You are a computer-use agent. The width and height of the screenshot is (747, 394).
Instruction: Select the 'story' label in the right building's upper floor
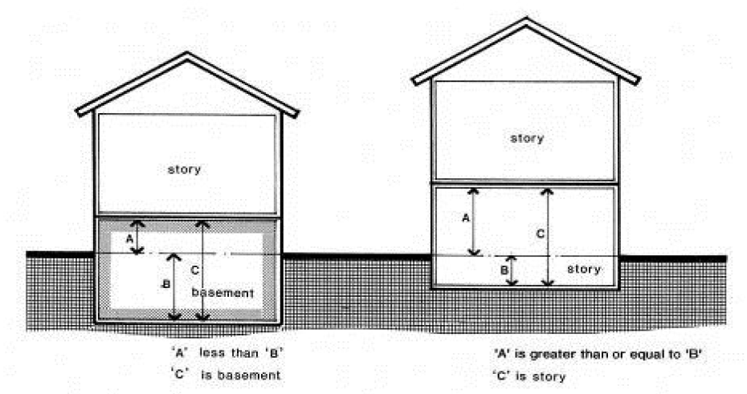coord(527,138)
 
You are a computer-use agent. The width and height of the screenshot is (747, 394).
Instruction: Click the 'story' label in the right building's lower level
coord(583,269)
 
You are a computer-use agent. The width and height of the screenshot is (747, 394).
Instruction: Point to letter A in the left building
coord(128,239)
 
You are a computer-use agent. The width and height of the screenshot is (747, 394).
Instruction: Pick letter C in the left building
coord(195,270)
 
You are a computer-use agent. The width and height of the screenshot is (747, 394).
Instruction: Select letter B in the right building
coord(504,270)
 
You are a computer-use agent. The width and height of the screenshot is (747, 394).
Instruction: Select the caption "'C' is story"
coord(530,375)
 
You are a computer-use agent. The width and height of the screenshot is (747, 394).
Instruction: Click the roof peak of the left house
coord(187,55)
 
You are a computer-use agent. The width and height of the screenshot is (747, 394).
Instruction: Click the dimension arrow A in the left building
coord(137,237)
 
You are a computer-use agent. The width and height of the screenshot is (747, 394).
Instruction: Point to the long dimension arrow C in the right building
coord(548,236)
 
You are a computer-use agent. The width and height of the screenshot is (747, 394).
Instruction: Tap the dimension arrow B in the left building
coord(173,286)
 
